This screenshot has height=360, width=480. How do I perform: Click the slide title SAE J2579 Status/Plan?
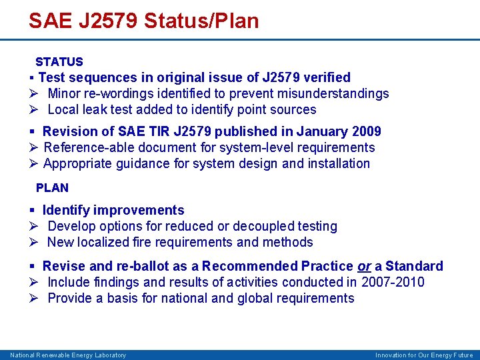coord(143,21)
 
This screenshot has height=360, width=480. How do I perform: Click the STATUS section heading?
coord(59,62)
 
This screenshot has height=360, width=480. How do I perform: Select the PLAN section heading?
coord(52,188)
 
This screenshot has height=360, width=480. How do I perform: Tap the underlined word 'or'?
coord(364,267)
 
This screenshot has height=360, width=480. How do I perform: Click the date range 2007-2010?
coord(393,282)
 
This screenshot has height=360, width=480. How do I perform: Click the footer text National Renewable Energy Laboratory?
coord(68,355)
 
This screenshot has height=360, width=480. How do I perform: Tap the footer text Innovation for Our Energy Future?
coord(424,355)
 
